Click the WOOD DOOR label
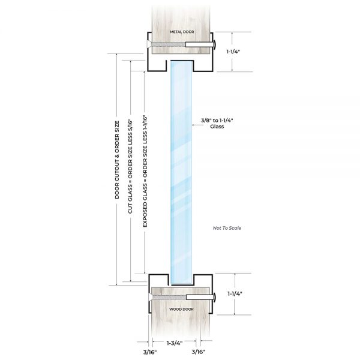tap(180, 309)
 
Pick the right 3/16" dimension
tap(210, 352)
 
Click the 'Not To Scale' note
tap(227, 229)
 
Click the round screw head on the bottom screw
tap(213, 297)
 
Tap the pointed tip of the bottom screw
tap(146, 297)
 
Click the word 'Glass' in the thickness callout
tap(217, 128)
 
